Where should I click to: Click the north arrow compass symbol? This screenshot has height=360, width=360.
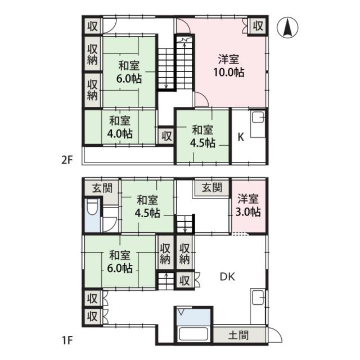tap(287, 27)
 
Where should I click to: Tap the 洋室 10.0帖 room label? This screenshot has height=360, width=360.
tap(229, 66)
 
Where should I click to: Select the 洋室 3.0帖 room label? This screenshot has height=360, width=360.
tap(248, 205)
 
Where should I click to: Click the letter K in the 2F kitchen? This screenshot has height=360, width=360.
tap(241, 137)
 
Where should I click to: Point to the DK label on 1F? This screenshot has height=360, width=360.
tap(227, 277)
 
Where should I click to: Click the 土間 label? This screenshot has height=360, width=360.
tap(238, 335)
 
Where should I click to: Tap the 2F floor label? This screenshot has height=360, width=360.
tap(67, 160)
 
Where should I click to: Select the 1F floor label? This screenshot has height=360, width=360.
tap(67, 340)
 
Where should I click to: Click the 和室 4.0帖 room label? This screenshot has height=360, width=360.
tap(120, 127)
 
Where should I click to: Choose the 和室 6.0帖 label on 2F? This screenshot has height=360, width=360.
tap(129, 72)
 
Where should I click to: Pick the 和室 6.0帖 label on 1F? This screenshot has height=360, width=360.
tap(120, 261)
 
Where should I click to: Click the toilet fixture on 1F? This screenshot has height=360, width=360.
tap(92, 207)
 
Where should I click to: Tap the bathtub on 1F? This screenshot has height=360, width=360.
tap(193, 334)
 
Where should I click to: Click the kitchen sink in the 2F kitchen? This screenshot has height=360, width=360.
tap(258, 118)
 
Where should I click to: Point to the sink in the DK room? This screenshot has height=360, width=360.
tap(258, 298)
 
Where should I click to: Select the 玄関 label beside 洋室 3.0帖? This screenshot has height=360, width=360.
tap(212, 187)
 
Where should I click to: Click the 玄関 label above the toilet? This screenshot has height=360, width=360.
tap(102, 188)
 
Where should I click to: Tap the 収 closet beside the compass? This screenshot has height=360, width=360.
tap(258, 26)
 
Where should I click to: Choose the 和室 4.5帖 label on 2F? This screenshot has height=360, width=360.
tap(202, 136)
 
